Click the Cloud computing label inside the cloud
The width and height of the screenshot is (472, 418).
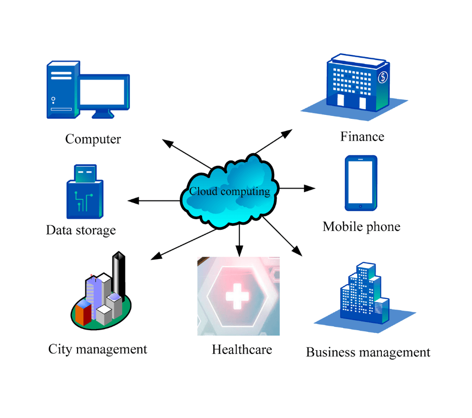tap(229, 191)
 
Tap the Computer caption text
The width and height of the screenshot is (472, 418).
tap(93, 140)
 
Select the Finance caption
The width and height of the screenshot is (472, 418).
tap(362, 137)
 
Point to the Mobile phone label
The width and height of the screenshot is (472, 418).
tap(362, 226)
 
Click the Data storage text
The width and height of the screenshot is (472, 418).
tap(81, 229)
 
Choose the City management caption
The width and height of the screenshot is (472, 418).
tap(97, 349)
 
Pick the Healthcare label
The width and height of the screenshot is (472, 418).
tap(242, 350)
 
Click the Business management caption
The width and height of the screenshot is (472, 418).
tap(368, 352)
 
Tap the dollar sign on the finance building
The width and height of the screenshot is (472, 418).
tap(383, 77)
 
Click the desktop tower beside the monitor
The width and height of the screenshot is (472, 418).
tap(62, 90)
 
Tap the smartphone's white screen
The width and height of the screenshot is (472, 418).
tap(360, 182)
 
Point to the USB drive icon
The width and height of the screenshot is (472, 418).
tap(84, 193)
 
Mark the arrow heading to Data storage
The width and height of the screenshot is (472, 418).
tap(153, 200)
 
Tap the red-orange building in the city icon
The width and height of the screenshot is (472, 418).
tap(83, 314)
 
